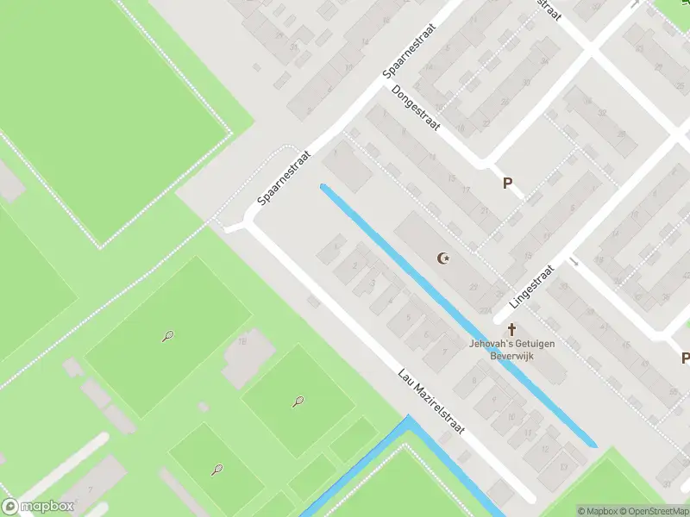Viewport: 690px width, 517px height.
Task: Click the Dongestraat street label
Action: pos(416,108)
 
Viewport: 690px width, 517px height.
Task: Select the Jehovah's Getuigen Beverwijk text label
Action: pos(512,349)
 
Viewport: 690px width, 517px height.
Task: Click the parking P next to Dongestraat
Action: pos(508,183)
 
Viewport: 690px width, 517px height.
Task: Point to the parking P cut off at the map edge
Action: pos(685,358)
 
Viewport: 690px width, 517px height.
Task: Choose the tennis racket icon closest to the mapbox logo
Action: pos(216,470)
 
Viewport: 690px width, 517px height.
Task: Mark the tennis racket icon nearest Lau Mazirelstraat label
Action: pos(298,401)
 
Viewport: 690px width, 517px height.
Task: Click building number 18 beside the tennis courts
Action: pos(242,342)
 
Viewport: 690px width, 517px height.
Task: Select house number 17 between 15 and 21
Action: pos(467,190)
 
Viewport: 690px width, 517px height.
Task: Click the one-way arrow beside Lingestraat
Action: pos(573,261)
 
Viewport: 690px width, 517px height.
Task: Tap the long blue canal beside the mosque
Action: pos(457,315)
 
